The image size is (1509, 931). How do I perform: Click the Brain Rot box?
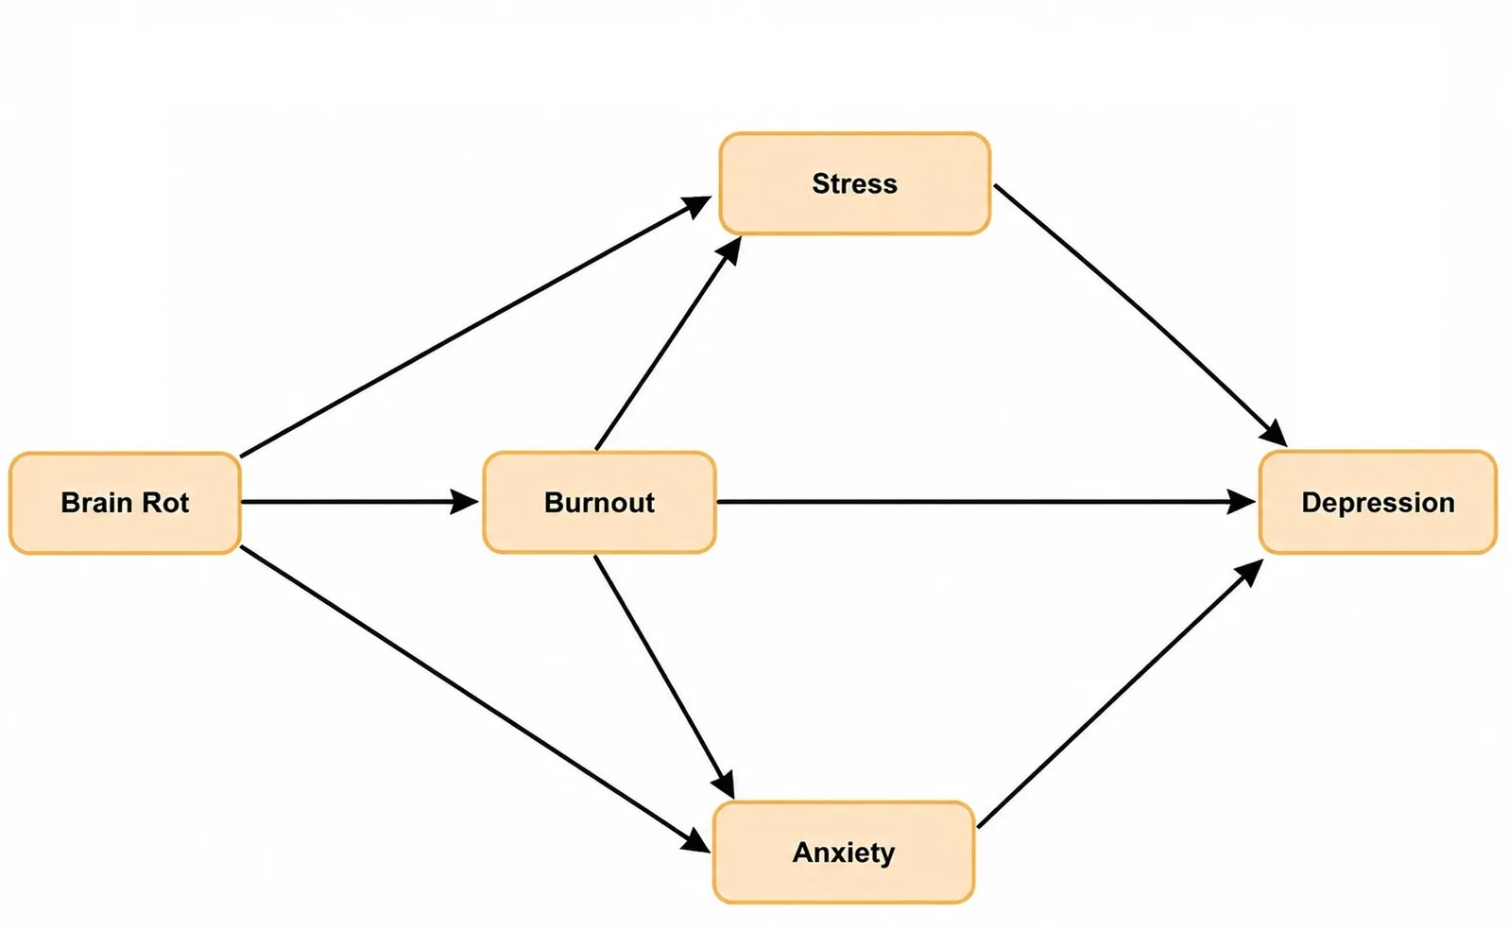(x=126, y=503)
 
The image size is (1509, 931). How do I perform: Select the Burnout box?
(x=600, y=503)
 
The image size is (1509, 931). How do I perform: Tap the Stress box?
(x=855, y=184)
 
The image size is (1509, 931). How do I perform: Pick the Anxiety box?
(x=844, y=853)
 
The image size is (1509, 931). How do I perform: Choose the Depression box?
(x=1378, y=503)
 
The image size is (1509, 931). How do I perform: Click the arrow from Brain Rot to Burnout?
(x=360, y=502)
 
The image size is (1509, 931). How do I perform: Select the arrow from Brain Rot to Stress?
(x=475, y=327)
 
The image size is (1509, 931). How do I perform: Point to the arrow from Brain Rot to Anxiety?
(x=475, y=699)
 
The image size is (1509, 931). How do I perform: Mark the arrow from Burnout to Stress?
(x=668, y=343)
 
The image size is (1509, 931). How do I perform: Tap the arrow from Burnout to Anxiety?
(x=664, y=677)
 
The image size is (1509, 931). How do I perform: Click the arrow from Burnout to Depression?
(x=986, y=502)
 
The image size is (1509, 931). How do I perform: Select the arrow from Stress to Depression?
(x=1140, y=316)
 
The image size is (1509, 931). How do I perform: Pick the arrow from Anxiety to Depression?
(x=1121, y=693)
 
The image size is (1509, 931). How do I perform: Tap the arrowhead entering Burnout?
(x=465, y=502)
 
